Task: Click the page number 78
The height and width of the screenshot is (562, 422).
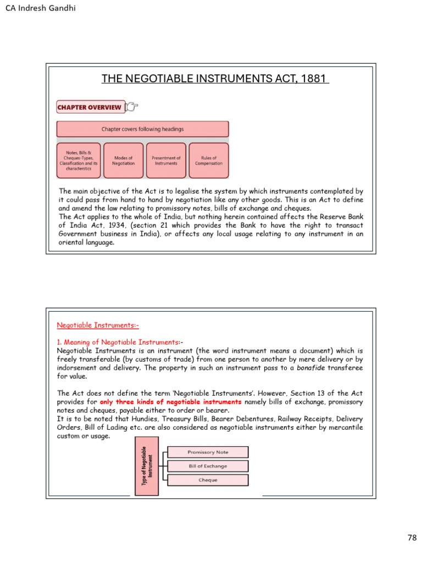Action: pos(412,538)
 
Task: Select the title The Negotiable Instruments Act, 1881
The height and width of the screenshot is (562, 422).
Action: pos(215,79)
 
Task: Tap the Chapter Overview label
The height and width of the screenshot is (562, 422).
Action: pos(90,107)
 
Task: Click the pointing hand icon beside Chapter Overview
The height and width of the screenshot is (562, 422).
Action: pos(132,106)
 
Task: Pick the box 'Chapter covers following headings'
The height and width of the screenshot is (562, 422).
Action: pos(143,129)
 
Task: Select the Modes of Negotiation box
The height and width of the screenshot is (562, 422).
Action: pos(124,161)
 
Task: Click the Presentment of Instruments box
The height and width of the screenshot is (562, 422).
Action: pos(166,161)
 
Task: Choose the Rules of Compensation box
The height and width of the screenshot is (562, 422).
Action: pos(209,161)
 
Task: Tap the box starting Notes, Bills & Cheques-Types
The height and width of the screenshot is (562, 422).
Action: pos(79,161)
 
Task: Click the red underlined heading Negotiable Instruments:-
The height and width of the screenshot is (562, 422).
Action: pos(94,325)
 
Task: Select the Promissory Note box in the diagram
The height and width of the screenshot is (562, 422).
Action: pos(208,452)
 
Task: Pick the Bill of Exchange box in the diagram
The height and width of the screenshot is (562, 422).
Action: pos(208,466)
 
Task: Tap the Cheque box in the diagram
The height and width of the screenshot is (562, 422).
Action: pos(208,480)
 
